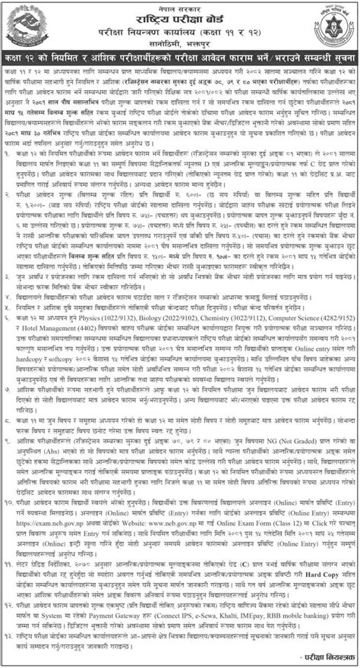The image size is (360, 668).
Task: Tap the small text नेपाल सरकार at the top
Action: (x=179, y=6)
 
